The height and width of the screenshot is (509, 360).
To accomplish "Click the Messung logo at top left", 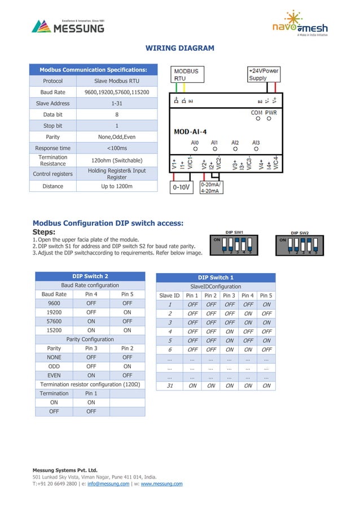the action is tap(68, 26).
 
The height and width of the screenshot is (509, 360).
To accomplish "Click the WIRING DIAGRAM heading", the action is tap(180, 48).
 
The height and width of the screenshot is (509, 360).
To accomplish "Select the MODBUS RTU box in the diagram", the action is tap(187, 74).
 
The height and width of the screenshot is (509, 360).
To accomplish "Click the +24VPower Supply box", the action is tap(264, 74).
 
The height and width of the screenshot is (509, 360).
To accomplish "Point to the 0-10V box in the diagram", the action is tap(181, 187).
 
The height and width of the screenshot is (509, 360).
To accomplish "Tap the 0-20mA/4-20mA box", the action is tap(212, 187).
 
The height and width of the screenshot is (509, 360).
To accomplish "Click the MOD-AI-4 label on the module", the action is tap(190, 131).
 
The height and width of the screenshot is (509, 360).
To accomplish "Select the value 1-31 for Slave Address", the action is tap(117, 103).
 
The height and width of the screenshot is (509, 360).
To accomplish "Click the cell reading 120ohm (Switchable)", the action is tap(117, 160).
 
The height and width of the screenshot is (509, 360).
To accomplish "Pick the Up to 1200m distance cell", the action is tap(117, 186).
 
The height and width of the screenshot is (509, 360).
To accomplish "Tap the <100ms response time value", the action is tap(117, 148).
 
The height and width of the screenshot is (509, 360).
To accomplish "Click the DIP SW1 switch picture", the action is tap(234, 244).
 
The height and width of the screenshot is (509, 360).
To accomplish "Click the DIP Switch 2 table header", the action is tap(90, 276).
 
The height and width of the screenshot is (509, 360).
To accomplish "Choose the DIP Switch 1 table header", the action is tap(216, 278).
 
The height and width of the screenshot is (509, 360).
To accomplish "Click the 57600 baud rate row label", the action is tap(54, 321).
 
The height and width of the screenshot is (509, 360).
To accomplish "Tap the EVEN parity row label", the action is tap(54, 375).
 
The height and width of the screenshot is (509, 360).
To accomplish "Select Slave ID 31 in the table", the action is tap(169, 386).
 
